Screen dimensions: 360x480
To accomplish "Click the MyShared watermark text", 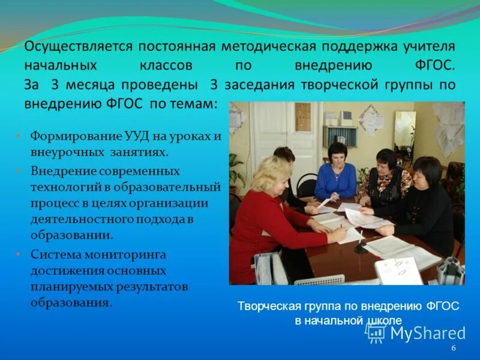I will pos(427,334).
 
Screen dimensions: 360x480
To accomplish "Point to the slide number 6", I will pos(453,349).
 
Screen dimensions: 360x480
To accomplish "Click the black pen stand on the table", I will pos(361,247).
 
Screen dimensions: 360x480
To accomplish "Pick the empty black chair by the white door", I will pos(307,183).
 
